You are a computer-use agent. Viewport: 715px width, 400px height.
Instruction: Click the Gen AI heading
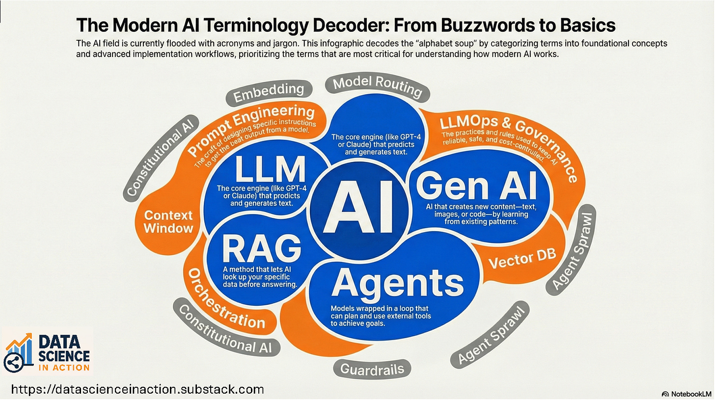[x=476, y=187]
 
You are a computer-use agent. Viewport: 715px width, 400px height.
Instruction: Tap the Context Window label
[x=168, y=221]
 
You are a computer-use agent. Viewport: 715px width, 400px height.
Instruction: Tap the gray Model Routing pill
[x=377, y=86]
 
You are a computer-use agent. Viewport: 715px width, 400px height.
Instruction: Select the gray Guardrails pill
[x=372, y=369]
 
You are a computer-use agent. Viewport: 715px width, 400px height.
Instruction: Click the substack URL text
[x=137, y=390]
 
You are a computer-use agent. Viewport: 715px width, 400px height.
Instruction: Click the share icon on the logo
[x=12, y=362]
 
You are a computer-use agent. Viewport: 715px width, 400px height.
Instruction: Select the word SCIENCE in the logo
[x=64, y=356]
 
